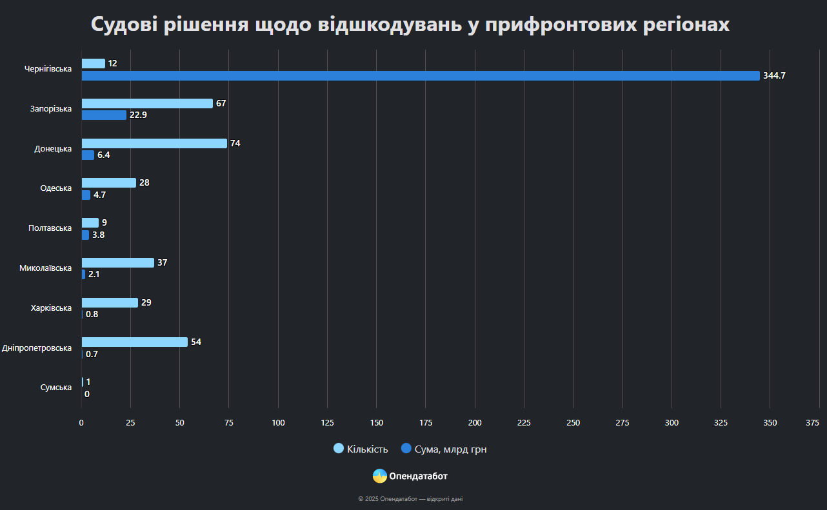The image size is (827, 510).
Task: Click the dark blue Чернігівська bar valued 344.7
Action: click(x=421, y=76)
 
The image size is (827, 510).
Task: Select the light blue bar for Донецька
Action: click(x=154, y=143)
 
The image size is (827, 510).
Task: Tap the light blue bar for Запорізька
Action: click(x=147, y=103)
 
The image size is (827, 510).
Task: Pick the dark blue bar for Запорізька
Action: click(x=104, y=115)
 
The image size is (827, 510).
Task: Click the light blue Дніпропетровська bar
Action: click(x=134, y=342)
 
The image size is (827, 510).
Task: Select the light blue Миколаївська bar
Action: click(x=117, y=262)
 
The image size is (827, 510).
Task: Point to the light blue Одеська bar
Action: click(x=109, y=183)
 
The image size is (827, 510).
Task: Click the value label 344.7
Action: click(x=774, y=76)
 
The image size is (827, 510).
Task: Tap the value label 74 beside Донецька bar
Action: click(x=235, y=143)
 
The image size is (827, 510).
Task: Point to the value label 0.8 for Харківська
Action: click(x=92, y=315)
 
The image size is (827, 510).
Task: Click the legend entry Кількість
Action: click(x=361, y=449)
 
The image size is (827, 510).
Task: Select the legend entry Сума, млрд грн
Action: click(x=444, y=449)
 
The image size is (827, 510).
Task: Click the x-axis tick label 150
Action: click(x=377, y=423)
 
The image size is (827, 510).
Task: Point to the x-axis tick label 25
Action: click(x=130, y=423)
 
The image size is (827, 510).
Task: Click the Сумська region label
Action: click(x=55, y=387)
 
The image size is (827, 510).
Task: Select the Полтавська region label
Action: click(x=50, y=228)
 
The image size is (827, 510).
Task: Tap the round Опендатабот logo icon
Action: click(x=380, y=476)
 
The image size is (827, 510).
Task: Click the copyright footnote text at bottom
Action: click(x=410, y=499)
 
